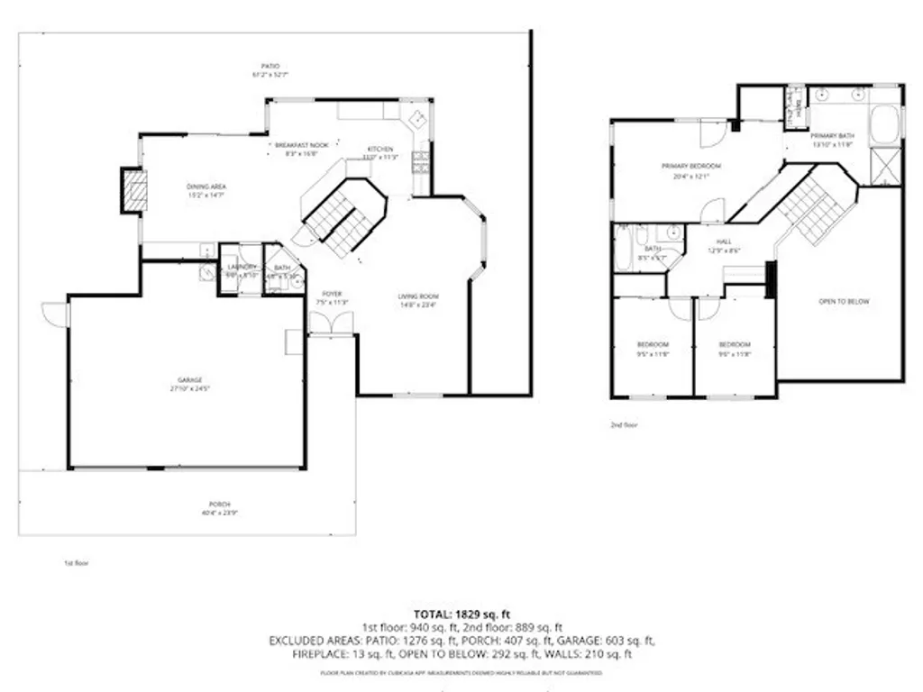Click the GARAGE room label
pos(189,380)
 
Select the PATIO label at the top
pos(271,66)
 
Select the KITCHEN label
pos(379,149)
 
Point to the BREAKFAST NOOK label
pos(296,145)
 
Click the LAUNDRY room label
pos(242,268)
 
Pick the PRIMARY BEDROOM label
pos(686,167)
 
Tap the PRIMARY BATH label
pos(832,136)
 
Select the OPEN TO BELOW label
pos(844,302)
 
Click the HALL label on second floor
pos(724,242)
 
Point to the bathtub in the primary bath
pos(884,123)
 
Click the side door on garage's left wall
pos(55,314)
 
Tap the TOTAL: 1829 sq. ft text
pos(461,614)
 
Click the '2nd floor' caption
pos(624,424)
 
